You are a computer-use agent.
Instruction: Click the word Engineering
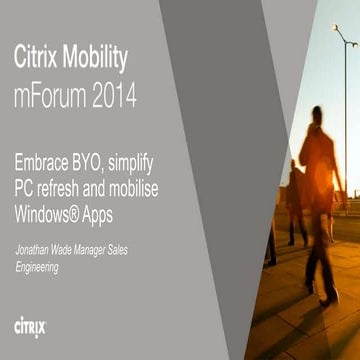pyautogui.click(x=36, y=267)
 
